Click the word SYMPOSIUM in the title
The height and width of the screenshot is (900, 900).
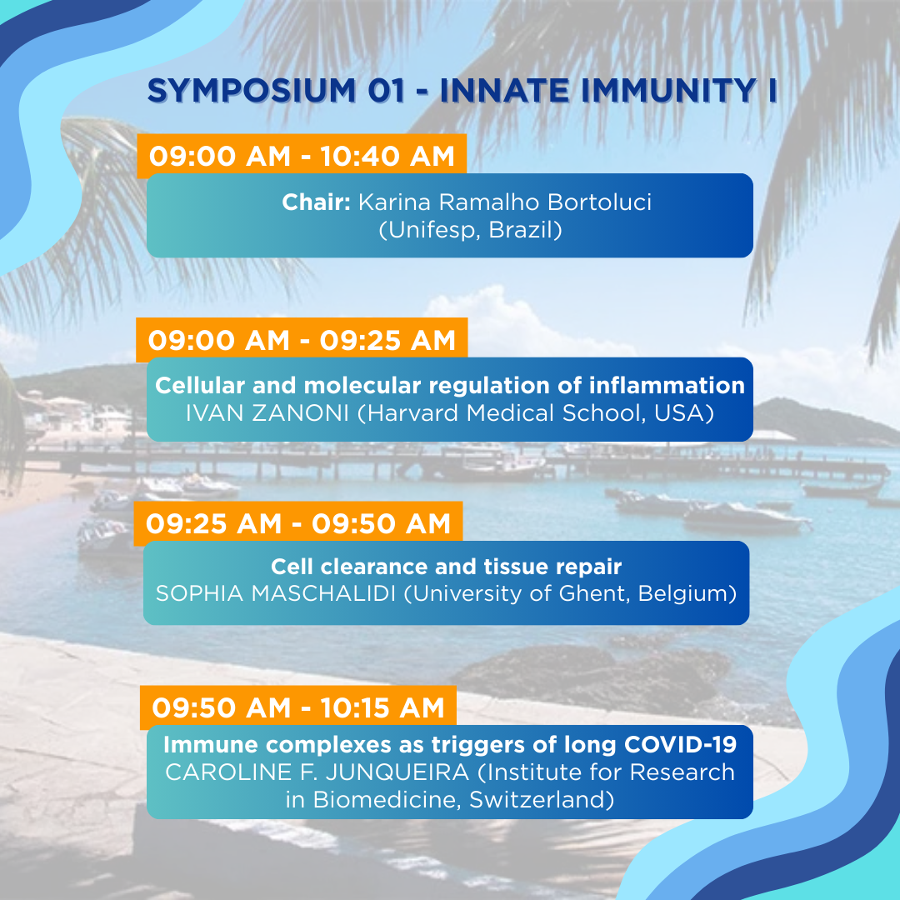click(252, 91)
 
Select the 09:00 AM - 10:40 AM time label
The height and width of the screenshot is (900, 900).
click(302, 156)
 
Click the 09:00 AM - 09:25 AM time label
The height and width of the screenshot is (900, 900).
click(302, 340)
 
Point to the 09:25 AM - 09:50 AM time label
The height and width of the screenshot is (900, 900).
click(298, 523)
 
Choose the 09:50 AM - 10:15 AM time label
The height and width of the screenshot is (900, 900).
click(298, 707)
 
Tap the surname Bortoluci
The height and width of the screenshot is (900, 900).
click(599, 202)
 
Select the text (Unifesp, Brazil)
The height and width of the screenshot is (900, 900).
click(470, 230)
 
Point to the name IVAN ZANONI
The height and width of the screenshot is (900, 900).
click(267, 412)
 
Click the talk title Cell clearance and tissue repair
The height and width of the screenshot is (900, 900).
click(446, 567)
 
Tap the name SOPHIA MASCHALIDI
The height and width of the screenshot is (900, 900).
click(276, 593)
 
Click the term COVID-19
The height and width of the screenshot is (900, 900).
click(680, 744)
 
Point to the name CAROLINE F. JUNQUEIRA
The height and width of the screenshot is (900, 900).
click(317, 772)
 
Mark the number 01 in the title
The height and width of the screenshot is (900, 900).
click(387, 91)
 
